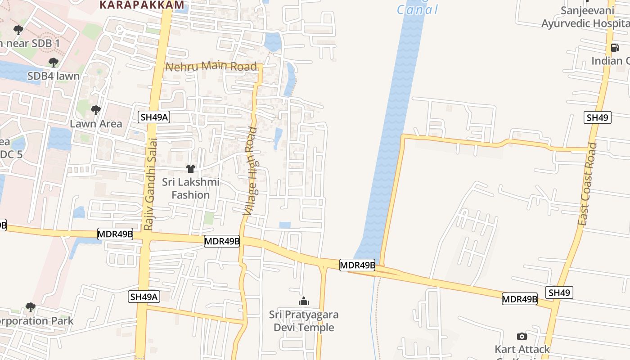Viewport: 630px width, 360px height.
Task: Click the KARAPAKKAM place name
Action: pyautogui.click(x=142, y=5)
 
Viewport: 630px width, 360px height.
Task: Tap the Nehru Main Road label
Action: pyautogui.click(x=211, y=67)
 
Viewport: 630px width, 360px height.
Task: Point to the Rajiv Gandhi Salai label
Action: pyautogui.click(x=151, y=184)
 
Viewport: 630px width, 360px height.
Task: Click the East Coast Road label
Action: pyautogui.click(x=588, y=184)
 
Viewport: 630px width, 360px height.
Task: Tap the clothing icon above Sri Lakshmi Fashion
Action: pyautogui.click(x=191, y=169)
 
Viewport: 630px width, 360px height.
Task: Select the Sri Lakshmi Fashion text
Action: pyautogui.click(x=191, y=189)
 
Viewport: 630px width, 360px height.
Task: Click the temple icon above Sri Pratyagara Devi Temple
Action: pyautogui.click(x=304, y=301)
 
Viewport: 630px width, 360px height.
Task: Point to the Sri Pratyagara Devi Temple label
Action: pyautogui.click(x=304, y=321)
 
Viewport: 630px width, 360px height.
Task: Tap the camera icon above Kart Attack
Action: pyautogui.click(x=522, y=336)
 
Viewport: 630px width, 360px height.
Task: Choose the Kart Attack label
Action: pyautogui.click(x=522, y=349)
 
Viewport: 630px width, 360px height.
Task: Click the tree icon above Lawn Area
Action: pyautogui.click(x=95, y=110)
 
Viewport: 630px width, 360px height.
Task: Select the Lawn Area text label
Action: pyautogui.click(x=96, y=123)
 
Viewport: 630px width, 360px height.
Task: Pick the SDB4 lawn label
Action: pyautogui.click(x=54, y=76)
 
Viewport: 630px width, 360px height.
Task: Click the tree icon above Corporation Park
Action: pyautogui.click(x=31, y=307)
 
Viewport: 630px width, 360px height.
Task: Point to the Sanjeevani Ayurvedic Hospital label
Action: pyautogui.click(x=585, y=17)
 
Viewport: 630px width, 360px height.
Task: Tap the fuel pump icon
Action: pyautogui.click(x=615, y=47)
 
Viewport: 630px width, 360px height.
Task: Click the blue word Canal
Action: pyautogui.click(x=417, y=9)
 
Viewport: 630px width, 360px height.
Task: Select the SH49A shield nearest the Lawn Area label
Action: pyautogui.click(x=154, y=117)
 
